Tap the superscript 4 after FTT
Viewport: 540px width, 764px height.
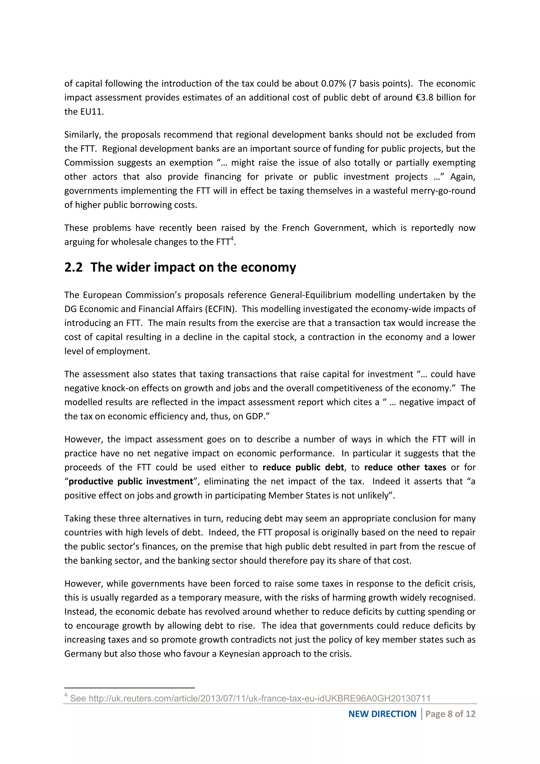coord(232,238)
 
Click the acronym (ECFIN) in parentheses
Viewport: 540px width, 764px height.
coord(221,309)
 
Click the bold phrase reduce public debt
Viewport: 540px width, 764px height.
coord(303,467)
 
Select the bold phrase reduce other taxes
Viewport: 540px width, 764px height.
coord(405,467)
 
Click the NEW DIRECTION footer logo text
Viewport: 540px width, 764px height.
coord(382,714)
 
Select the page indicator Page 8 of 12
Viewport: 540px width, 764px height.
coord(450,714)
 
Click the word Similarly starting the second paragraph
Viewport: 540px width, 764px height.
coord(82,135)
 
